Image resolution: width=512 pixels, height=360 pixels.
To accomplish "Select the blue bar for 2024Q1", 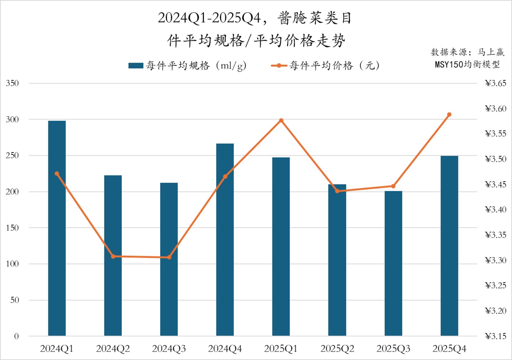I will pos(57,228).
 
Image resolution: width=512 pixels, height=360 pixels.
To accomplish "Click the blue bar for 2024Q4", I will pos(225,239).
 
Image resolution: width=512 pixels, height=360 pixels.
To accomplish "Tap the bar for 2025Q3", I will pos(393,264).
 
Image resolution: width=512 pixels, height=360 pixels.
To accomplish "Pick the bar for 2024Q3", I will pos(169,259).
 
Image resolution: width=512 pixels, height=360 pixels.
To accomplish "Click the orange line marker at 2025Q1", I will pos(281,120).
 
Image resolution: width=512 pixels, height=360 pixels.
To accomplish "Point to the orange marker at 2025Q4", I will pos(449,115).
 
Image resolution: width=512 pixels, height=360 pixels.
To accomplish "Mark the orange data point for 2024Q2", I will pos(113,256).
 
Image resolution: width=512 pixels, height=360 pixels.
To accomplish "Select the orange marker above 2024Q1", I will pos(57,174).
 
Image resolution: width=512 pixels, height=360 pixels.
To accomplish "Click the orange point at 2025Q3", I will pos(393,186).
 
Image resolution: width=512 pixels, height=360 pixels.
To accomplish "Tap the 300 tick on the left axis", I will pos(12,120).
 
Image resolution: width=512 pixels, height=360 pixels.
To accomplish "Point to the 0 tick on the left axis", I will pos(16,336).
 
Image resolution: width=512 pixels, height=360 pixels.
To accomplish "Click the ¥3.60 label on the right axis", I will pos(495,109).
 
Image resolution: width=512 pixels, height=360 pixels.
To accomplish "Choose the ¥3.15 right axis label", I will pos(495,336).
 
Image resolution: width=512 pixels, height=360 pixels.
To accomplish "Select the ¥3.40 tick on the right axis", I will pos(495,210).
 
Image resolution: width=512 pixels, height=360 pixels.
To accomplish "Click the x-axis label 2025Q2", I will pos(337,349).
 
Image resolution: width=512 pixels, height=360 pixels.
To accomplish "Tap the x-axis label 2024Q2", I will pos(113,349).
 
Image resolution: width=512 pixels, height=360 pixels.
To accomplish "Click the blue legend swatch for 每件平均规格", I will pos(136,66).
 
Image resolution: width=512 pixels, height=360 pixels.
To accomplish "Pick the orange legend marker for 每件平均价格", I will pos(279,66).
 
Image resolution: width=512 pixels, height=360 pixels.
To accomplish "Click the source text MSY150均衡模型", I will pos(467,64).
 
